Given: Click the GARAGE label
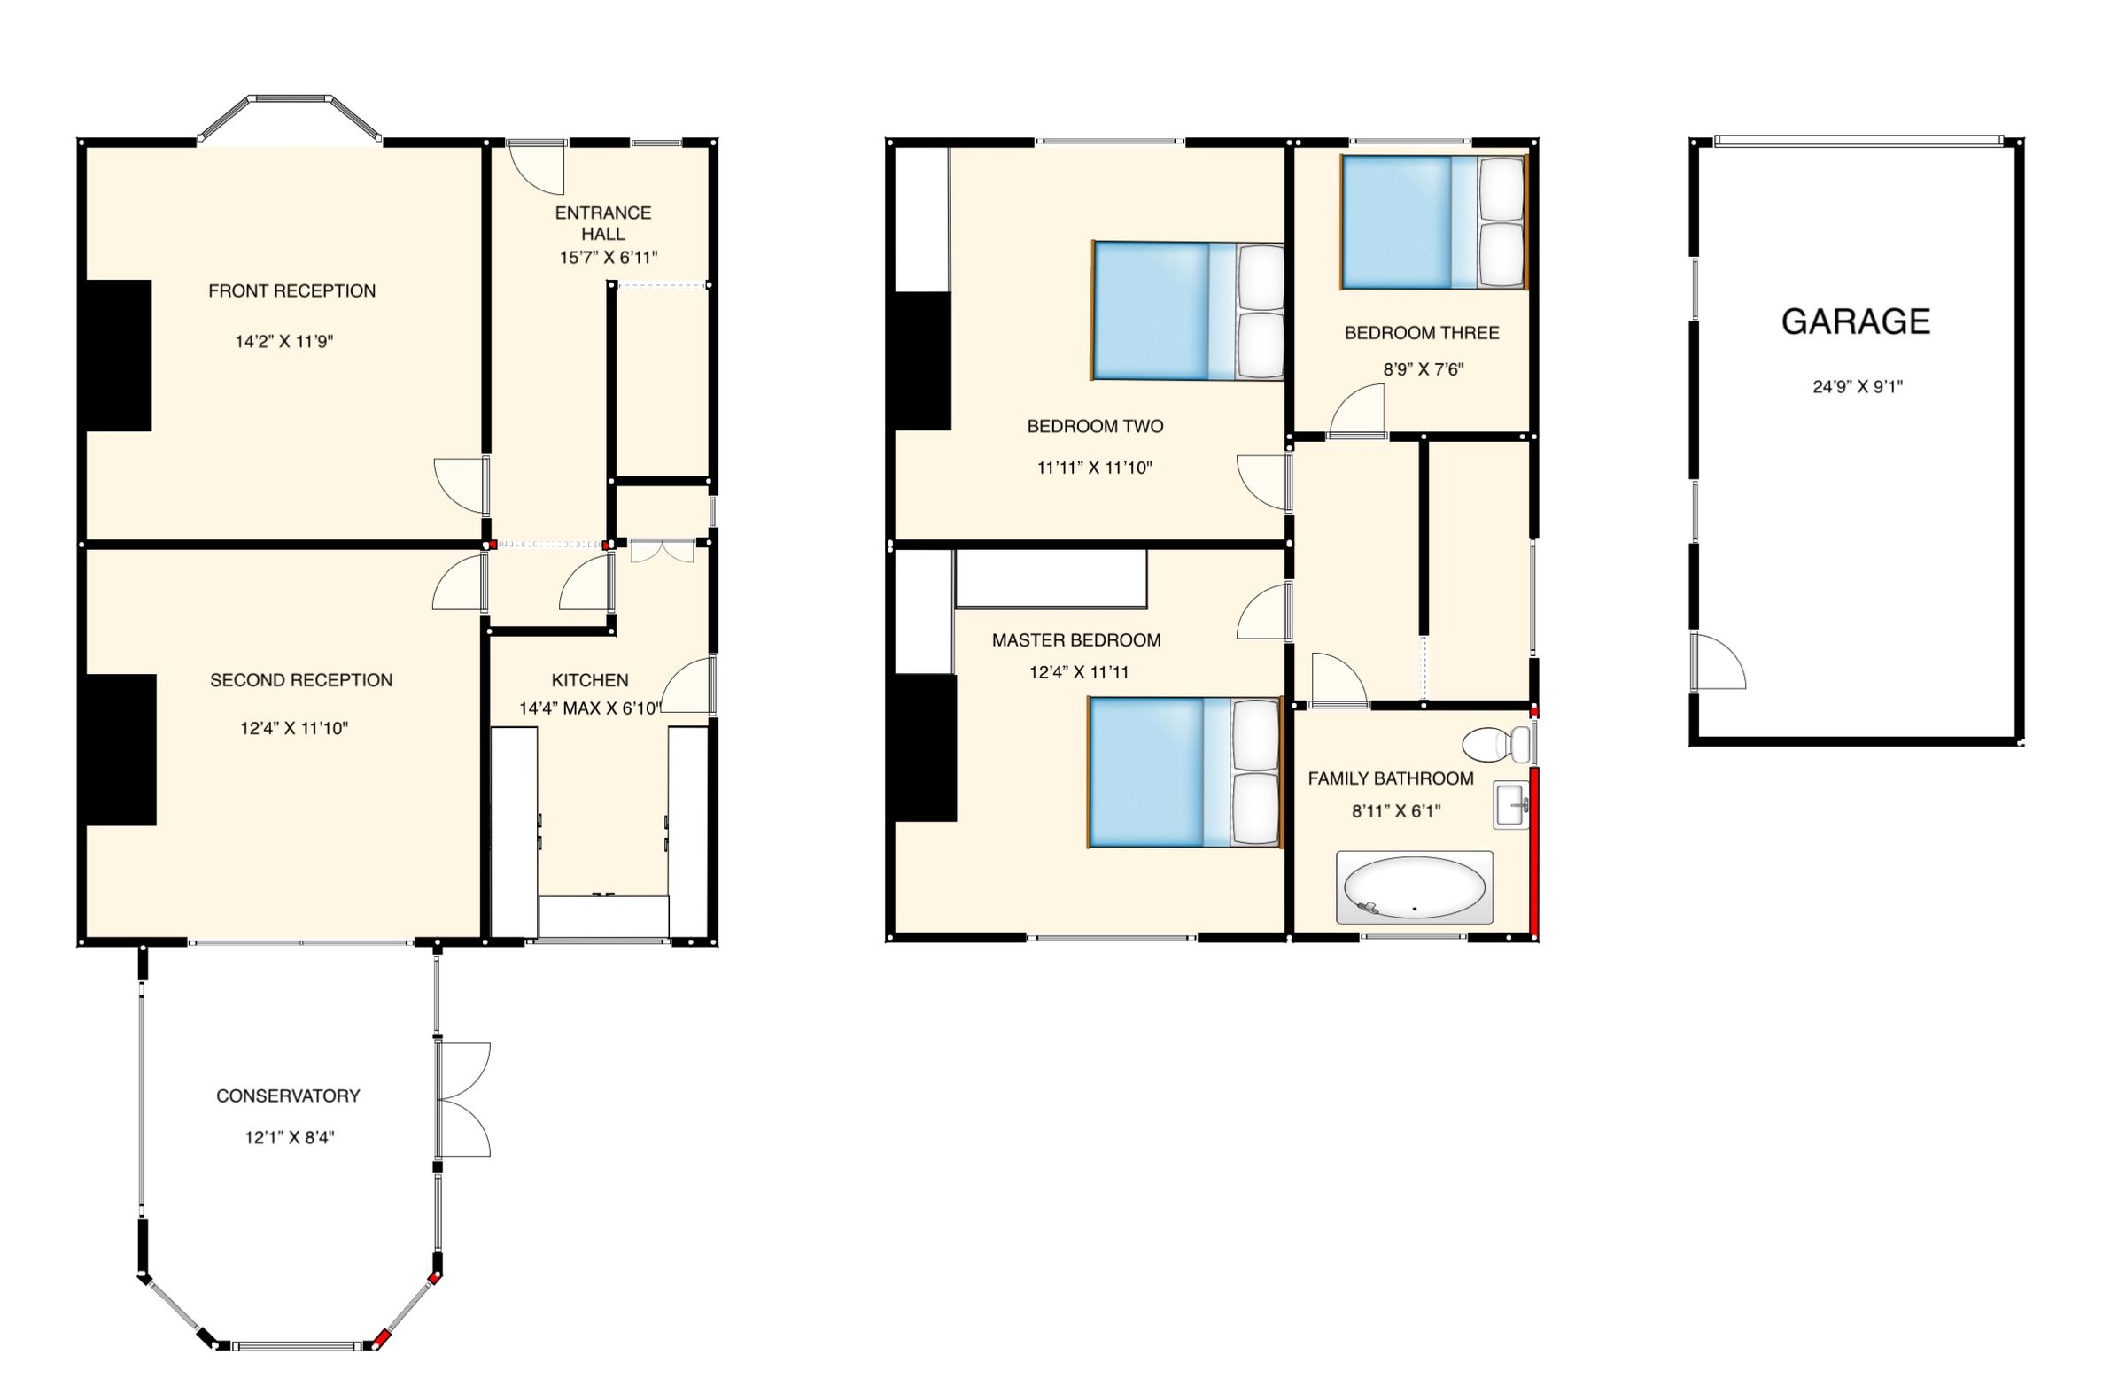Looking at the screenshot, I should click(x=1855, y=321).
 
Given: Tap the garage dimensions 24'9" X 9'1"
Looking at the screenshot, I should click(x=1857, y=387).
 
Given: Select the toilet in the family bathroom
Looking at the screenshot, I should click(x=1495, y=743).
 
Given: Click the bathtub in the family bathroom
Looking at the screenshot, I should click(x=1414, y=887).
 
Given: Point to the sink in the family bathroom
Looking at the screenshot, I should click(x=1510, y=805).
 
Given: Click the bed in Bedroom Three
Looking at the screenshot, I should click(x=1433, y=222).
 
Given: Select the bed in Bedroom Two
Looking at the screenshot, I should click(x=1188, y=311).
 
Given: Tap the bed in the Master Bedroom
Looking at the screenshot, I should click(x=1183, y=771).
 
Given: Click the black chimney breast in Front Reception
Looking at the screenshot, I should click(x=118, y=355).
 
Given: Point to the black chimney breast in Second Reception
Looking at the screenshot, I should click(x=120, y=749).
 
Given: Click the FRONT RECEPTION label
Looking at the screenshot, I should click(x=291, y=291).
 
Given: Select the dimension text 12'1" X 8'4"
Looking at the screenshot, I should click(x=290, y=1138).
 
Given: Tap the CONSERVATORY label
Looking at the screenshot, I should click(x=288, y=1096).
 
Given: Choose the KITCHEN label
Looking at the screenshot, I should click(x=590, y=680).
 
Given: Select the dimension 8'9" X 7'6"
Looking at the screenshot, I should click(x=1421, y=368).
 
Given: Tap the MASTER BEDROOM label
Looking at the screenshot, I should click(x=1075, y=640).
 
